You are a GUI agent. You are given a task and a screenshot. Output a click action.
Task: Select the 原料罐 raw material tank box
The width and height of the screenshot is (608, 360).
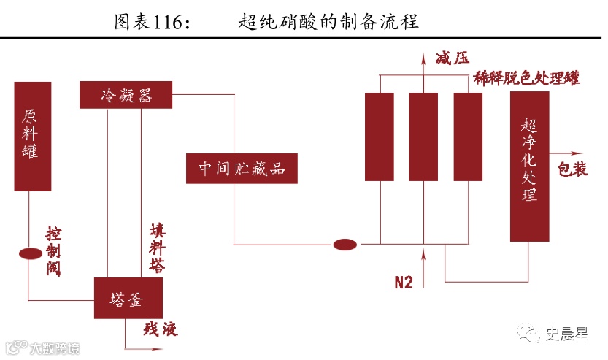pos(33,136)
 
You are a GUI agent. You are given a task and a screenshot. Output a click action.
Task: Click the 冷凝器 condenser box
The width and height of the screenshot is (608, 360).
pos(126,95)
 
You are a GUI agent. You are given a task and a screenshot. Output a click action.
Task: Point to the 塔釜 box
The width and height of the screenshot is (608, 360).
pos(128,298)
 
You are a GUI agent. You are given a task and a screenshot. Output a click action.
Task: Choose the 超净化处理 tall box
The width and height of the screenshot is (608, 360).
pos(529,166)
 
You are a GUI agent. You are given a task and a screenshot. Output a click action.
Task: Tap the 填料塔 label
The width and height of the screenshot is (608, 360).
pos(156,247)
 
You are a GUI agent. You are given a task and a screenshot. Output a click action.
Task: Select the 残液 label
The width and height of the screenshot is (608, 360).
pos(161,329)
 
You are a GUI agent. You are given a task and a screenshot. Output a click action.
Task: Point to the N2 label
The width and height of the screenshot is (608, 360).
pos(404,282)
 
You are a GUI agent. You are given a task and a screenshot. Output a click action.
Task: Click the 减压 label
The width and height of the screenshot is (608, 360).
pos(451,59)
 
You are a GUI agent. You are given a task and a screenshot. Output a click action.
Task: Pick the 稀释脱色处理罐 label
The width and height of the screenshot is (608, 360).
pos(526,77)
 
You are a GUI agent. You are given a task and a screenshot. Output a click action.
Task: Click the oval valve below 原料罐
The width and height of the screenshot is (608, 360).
pos(30,253)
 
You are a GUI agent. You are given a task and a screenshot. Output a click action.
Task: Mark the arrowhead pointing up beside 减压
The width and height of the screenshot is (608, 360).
pos(423,58)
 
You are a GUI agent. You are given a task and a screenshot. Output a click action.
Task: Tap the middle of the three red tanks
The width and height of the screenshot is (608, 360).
pos(423,136)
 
